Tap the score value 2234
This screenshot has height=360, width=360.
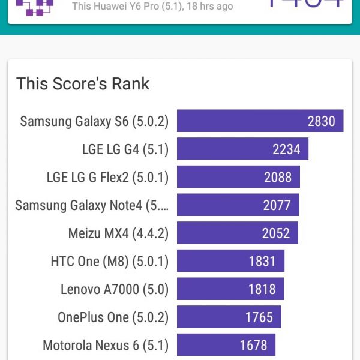point(286,149)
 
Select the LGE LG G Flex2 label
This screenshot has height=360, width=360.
point(107,177)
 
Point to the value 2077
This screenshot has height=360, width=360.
point(277,205)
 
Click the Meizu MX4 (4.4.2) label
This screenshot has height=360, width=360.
point(118,233)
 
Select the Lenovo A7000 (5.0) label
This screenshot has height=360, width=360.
point(115,289)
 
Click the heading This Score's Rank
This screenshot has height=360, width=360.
point(83,83)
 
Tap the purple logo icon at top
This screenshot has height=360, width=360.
point(34,6)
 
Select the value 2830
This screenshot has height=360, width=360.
point(322,121)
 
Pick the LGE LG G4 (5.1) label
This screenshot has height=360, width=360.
point(125,149)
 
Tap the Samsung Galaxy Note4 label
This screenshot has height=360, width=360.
point(92,205)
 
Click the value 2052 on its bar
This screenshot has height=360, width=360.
point(276,233)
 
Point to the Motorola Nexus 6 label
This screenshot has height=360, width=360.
point(106,345)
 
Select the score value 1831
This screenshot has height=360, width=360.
point(262,261)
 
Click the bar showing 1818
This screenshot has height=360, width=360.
point(230,289)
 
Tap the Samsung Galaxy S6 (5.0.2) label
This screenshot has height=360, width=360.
point(94,121)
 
